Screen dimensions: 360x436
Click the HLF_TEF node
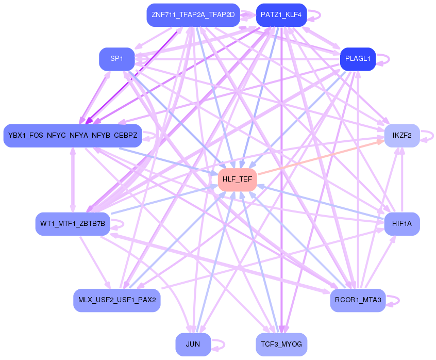[x=237, y=179]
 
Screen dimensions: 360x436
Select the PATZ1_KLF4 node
[x=281, y=15]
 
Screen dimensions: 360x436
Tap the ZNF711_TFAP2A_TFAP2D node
[x=193, y=15]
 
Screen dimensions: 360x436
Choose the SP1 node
[x=116, y=59]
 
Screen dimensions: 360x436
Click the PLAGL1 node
[x=358, y=59]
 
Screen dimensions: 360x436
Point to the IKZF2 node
[x=401, y=136]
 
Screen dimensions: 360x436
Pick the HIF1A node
[x=402, y=223]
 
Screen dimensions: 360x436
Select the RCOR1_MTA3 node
[x=358, y=300]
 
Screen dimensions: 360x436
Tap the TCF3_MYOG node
[x=281, y=344]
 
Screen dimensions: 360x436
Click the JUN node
[x=193, y=344]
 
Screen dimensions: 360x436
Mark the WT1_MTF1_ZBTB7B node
[x=73, y=223]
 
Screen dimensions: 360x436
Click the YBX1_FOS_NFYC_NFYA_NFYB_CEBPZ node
[x=73, y=136]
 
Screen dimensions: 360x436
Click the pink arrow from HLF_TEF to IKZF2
[x=320, y=157]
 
